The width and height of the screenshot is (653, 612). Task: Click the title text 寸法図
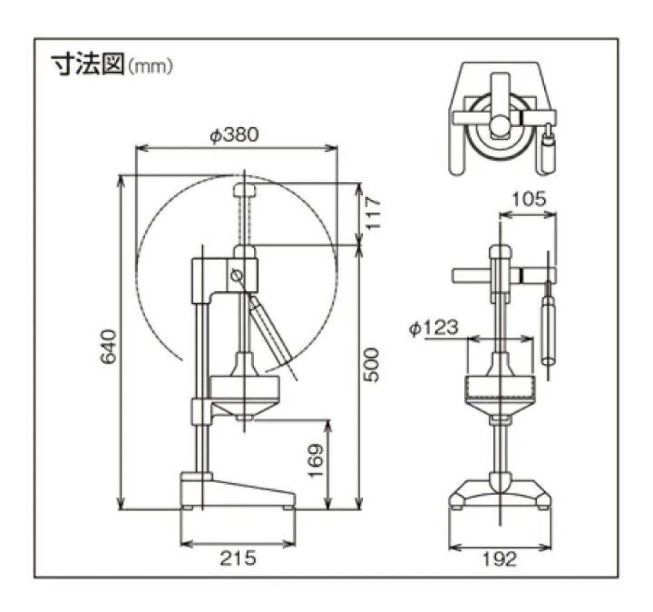click(x=87, y=65)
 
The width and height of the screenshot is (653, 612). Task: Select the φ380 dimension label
click(x=234, y=134)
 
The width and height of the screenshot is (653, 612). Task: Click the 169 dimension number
click(x=316, y=462)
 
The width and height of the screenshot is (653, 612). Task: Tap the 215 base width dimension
click(x=238, y=558)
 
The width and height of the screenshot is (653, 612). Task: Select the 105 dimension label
click(x=528, y=199)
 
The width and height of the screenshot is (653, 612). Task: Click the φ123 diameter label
click(x=433, y=327)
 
